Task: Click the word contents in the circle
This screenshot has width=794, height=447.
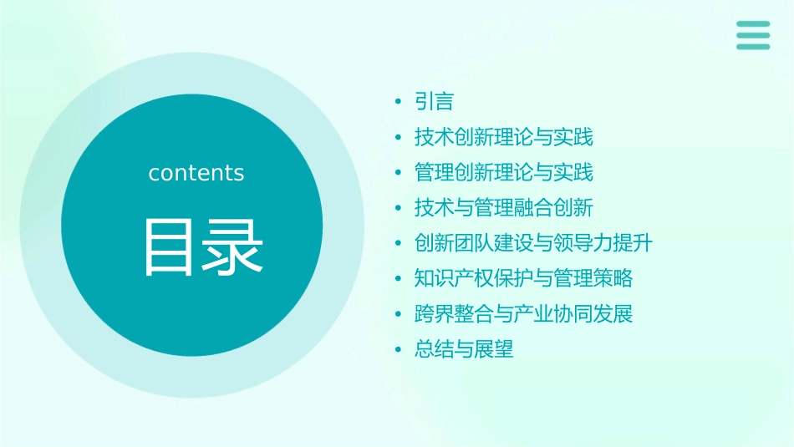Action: (x=196, y=173)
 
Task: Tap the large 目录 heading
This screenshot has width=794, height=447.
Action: (x=204, y=247)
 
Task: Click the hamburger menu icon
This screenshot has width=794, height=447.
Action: (x=753, y=35)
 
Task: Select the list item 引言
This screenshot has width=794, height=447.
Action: (x=434, y=102)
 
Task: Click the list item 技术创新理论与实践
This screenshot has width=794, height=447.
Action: (x=503, y=137)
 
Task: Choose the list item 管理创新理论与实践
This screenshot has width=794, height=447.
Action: (x=503, y=173)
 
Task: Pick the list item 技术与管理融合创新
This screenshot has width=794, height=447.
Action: (x=503, y=208)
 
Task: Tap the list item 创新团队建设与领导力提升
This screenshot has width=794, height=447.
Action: (x=532, y=243)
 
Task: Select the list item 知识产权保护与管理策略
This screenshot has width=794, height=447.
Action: (x=523, y=278)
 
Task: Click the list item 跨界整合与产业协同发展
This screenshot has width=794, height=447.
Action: (x=523, y=314)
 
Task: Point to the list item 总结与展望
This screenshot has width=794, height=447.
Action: (x=464, y=349)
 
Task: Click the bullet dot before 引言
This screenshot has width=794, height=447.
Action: (x=398, y=103)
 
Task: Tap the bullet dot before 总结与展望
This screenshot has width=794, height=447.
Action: (x=398, y=350)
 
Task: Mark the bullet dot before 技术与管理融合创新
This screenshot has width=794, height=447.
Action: (x=398, y=209)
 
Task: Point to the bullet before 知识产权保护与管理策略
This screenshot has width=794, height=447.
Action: (x=398, y=279)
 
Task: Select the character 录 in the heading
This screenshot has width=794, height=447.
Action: (x=235, y=247)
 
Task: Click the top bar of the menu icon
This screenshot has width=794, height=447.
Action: (x=753, y=24)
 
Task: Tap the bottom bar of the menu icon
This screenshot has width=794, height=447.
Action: (x=753, y=47)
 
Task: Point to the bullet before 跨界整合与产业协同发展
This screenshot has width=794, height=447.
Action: (x=398, y=315)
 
